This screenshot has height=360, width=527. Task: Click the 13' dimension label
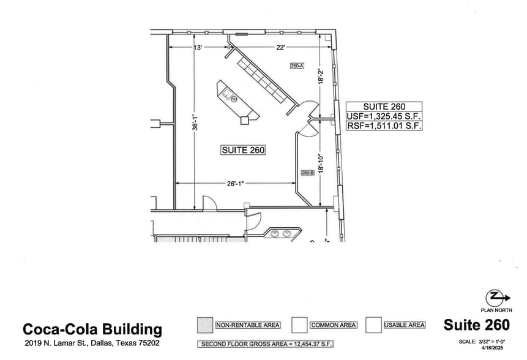[198, 48]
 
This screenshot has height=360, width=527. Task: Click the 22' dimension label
[281, 48]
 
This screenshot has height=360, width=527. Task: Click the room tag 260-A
[297, 66]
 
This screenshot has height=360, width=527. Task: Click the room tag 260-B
[307, 173]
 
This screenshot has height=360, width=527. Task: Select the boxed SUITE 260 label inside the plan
[243, 149]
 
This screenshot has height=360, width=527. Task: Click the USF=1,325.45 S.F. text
[384, 116]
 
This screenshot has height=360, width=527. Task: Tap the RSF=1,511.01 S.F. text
[384, 126]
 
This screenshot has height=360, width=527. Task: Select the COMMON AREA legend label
[333, 325]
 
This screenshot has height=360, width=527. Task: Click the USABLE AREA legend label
[403, 325]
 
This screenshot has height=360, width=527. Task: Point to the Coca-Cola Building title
[92, 329]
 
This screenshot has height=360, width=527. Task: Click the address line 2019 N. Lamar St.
[92, 343]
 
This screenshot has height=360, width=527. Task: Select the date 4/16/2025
[496, 348]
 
